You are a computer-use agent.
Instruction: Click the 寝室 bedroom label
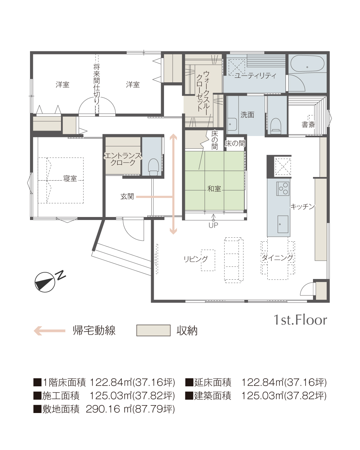click(70, 179)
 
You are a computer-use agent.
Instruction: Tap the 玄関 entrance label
click(127, 197)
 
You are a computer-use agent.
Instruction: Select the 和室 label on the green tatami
click(214, 189)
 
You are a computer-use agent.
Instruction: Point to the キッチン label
click(302, 207)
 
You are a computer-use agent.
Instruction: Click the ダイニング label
click(277, 258)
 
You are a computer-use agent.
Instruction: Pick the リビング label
click(196, 259)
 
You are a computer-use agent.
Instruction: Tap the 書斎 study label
click(308, 125)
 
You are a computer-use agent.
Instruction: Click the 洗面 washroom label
click(247, 115)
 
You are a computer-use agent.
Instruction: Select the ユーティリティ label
click(255, 75)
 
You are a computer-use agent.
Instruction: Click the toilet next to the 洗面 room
click(276, 126)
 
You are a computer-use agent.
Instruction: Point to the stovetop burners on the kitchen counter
click(283, 188)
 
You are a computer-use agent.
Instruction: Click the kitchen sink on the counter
click(283, 224)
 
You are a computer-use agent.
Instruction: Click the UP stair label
click(213, 225)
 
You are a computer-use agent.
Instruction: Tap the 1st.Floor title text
click(300, 320)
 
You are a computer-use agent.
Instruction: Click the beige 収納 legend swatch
click(153, 330)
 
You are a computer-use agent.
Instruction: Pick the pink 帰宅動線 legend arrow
click(50, 331)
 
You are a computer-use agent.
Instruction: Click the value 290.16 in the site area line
click(102, 409)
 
